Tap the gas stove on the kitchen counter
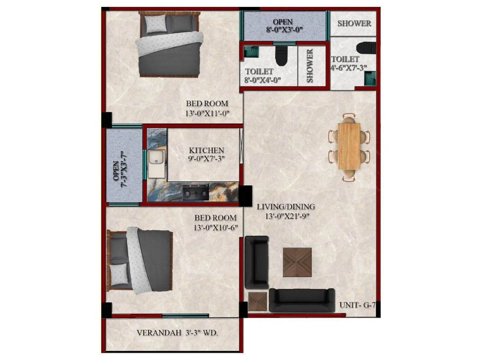click(x=196, y=192)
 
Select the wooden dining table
click(x=349, y=146)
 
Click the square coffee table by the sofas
click(x=297, y=262)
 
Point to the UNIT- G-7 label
click(x=357, y=305)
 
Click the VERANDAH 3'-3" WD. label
click(x=177, y=333)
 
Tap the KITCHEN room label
click(x=206, y=150)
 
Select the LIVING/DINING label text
click(x=286, y=207)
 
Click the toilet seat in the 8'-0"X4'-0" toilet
click(x=281, y=57)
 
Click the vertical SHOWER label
click(x=310, y=66)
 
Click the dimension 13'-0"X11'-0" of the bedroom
click(x=207, y=113)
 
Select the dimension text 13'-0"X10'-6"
click(x=215, y=227)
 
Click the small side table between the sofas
click(x=257, y=301)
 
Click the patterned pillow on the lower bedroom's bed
click(x=119, y=274)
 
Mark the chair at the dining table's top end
click(x=349, y=118)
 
